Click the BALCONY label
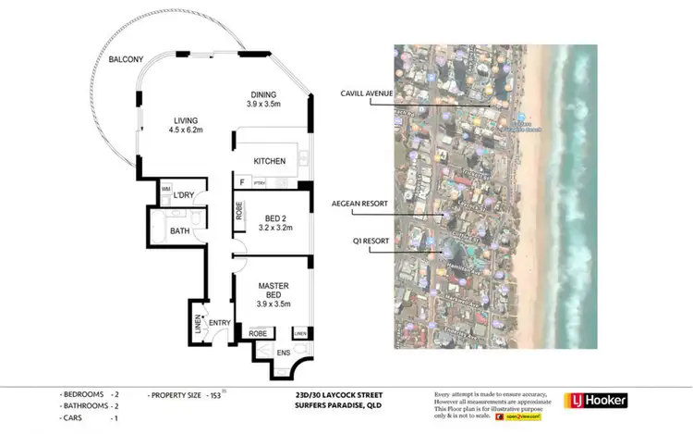125,60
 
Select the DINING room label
266,94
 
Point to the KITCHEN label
270,161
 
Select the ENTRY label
219,322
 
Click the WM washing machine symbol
166,189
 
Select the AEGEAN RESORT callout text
359,204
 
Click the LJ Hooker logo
596,401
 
